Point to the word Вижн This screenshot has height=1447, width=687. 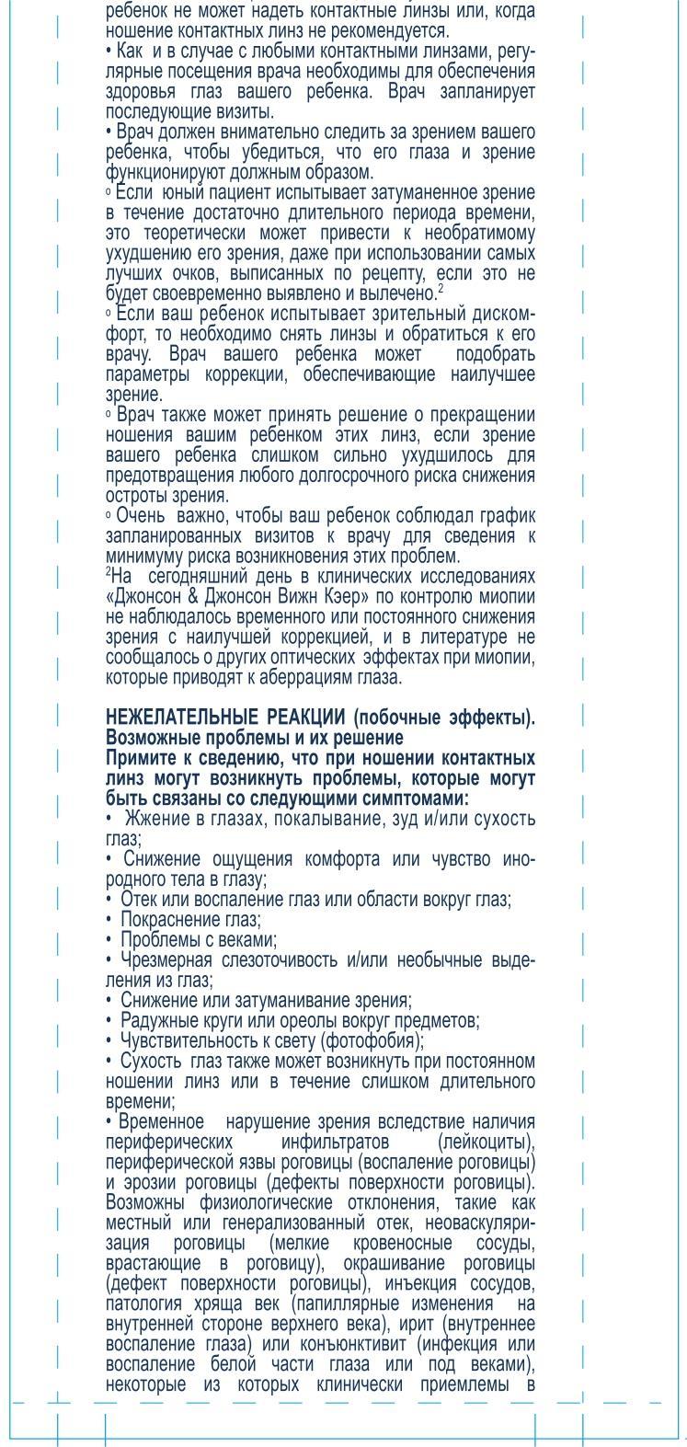click(286, 596)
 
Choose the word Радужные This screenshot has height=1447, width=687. click(156, 1021)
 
